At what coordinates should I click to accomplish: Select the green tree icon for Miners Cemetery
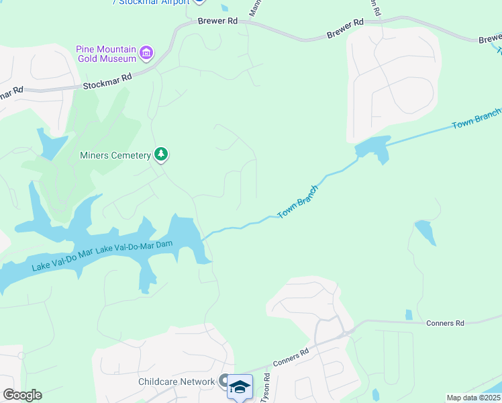coord(161,155)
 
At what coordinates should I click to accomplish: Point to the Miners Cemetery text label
coord(115,156)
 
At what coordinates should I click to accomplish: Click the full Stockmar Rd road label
coord(107,82)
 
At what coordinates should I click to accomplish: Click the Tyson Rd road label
coord(266,387)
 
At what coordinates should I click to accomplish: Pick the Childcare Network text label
coord(176,382)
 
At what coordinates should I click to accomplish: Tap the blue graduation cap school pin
coord(240,387)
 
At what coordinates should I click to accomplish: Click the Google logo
coord(21,395)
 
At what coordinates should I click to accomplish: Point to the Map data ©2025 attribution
coord(473,398)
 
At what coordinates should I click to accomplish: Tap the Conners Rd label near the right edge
coord(445,323)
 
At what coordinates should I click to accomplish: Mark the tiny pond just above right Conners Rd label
coord(409,314)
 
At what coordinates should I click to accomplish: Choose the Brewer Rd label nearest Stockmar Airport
coord(218,21)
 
